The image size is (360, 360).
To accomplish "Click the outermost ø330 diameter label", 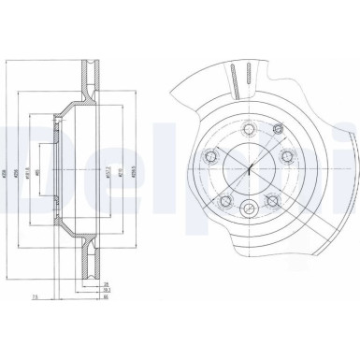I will (7, 177).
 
